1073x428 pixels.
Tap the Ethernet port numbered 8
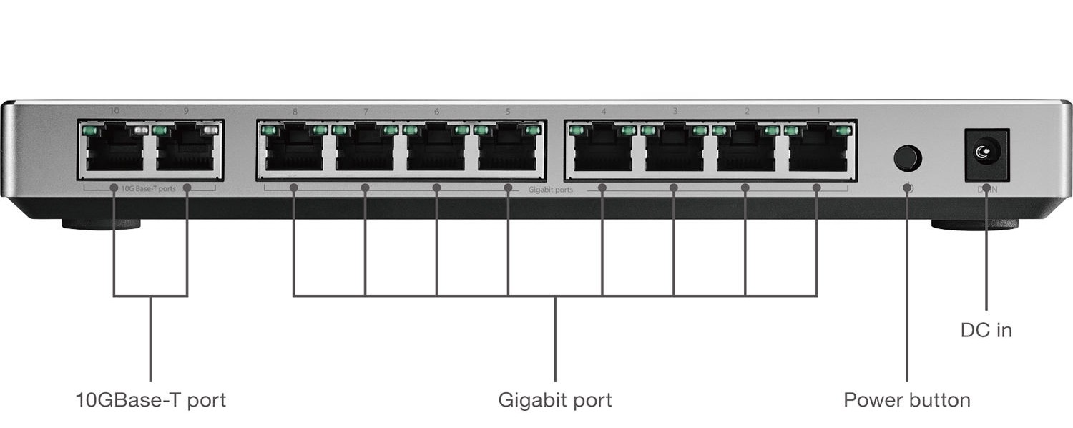(x=293, y=150)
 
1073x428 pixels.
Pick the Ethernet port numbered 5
(x=507, y=150)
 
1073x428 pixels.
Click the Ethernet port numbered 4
(x=602, y=150)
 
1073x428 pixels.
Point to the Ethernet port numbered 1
(x=817, y=150)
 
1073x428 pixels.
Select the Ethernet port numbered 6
(x=436, y=150)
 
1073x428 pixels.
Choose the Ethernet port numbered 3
(x=674, y=150)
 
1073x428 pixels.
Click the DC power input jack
(x=986, y=152)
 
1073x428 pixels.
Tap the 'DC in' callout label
(x=986, y=330)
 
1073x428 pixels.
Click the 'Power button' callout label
(x=906, y=399)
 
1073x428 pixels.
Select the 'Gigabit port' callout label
(x=555, y=399)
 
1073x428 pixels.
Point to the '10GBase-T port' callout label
(x=150, y=399)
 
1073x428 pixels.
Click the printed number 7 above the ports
(x=366, y=112)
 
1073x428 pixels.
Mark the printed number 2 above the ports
(x=747, y=112)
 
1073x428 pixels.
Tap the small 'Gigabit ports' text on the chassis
(x=550, y=190)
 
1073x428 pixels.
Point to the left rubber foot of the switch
(x=101, y=225)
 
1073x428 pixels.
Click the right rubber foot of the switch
(x=974, y=225)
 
